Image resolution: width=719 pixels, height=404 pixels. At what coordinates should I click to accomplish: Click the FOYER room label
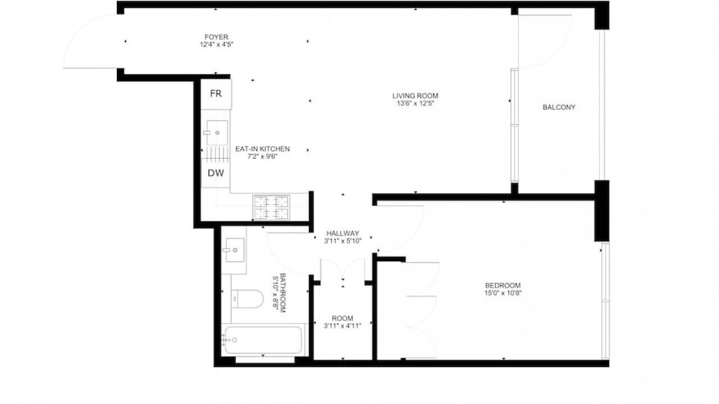[x=216, y=37]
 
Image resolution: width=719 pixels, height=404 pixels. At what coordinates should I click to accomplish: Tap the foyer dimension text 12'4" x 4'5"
[x=216, y=44]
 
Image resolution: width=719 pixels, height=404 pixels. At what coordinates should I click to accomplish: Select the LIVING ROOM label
[x=415, y=95]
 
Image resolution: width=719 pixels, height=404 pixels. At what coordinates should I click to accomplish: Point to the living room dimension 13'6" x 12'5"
[x=415, y=103]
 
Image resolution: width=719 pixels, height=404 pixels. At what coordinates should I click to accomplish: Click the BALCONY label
[x=559, y=107]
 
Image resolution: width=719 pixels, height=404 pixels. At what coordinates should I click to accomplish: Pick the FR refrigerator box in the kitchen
[x=216, y=94]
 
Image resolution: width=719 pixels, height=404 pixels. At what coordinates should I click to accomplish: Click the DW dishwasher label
[x=216, y=173]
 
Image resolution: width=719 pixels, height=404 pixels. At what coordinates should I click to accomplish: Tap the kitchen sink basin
[x=217, y=132]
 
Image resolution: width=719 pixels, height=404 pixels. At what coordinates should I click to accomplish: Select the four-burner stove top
[x=271, y=208]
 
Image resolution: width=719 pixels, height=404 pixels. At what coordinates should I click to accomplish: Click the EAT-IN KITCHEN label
[x=262, y=149]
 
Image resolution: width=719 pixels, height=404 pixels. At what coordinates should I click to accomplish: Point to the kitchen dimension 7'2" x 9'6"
[x=262, y=157]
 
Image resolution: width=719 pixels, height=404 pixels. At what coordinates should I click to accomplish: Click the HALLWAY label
[x=343, y=233]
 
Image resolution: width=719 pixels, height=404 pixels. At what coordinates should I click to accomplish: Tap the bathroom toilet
[x=247, y=299]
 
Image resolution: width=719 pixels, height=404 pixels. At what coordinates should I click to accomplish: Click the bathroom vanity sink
[x=235, y=250]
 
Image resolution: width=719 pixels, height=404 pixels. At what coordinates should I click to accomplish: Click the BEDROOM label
[x=503, y=286]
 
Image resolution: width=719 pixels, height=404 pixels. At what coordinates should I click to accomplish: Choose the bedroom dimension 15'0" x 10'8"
[x=503, y=293]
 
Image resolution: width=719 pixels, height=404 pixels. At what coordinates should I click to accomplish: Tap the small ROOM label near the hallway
[x=342, y=318]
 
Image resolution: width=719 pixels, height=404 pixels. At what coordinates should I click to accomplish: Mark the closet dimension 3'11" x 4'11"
[x=342, y=326]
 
